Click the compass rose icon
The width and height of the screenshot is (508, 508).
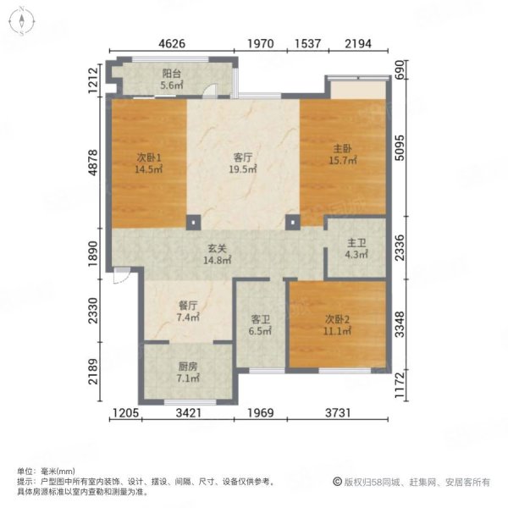point(21,21)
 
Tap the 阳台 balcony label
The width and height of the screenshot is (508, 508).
point(171,74)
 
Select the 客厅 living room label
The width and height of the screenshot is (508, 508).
point(243,157)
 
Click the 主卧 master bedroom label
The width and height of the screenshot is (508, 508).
point(343,149)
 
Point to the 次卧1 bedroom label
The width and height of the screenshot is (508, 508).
point(149,157)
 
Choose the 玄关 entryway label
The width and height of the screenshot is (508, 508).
point(217,248)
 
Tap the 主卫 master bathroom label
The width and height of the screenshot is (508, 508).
point(356,243)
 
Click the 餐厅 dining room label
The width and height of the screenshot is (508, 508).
point(188,306)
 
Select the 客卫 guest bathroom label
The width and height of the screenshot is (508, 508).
point(261,320)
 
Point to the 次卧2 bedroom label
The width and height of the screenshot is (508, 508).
point(337,319)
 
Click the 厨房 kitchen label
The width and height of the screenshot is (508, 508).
point(188,367)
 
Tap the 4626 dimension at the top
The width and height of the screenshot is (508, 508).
point(172,43)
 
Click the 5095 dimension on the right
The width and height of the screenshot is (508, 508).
point(400,147)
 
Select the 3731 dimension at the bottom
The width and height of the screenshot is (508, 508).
point(338,413)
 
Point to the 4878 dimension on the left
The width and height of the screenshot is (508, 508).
point(93,163)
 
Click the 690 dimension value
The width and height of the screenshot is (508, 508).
point(400,69)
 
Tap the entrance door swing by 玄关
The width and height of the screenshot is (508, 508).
point(122,275)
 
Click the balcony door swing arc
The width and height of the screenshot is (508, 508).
point(210,91)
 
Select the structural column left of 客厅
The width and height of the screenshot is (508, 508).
point(193,223)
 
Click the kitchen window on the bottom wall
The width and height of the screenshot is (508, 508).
point(190,402)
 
